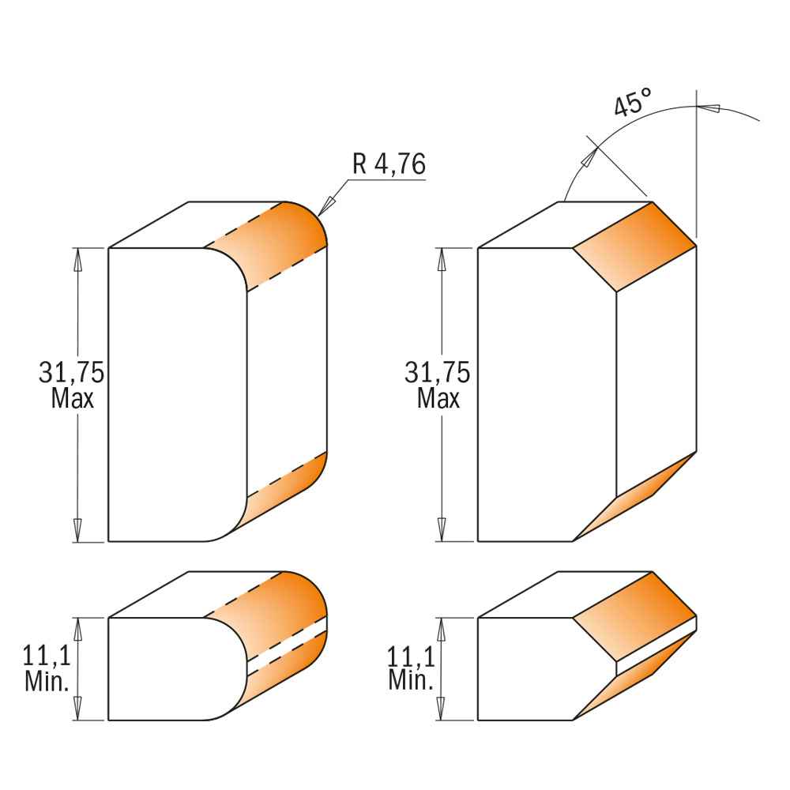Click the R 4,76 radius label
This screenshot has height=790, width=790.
[x=389, y=164]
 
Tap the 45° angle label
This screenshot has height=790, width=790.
[x=633, y=103]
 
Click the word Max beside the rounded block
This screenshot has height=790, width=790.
[x=72, y=398]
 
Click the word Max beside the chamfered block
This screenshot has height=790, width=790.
[x=438, y=398]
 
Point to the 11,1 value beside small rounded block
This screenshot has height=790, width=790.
[x=47, y=656]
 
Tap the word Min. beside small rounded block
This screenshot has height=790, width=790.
[x=47, y=681]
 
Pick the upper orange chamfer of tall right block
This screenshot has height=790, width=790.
[x=632, y=245]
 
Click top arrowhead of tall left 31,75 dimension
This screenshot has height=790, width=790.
[x=77, y=257]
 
